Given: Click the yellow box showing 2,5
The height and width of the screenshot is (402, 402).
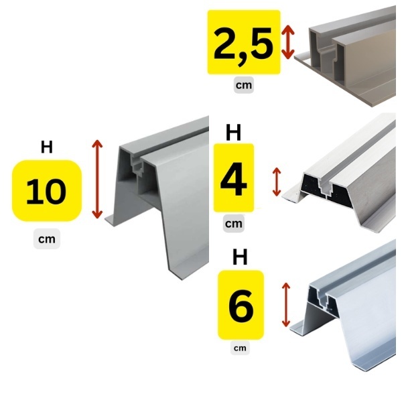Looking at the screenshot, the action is pos(244,42).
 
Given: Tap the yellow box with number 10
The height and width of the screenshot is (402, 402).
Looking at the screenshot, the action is pos(47,190).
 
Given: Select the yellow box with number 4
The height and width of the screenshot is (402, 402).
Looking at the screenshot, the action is pos(234,178).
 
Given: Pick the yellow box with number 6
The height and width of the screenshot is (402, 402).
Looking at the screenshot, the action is pos(241,305).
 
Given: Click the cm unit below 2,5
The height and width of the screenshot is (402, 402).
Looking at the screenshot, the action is pos(244,85).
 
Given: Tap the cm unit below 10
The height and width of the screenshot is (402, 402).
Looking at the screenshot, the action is pos(47,239).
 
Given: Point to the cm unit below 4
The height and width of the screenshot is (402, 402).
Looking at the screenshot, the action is pos(234,224).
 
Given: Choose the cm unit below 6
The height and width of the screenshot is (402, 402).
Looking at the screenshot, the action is pos(240,348).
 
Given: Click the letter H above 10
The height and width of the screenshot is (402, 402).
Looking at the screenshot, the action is pos(47,147).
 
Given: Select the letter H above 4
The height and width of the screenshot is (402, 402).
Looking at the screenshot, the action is pos(233,133).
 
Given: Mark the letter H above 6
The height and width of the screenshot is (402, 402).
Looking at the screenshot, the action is pos(240,257).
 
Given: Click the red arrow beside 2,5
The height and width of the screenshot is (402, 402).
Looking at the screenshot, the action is pos(287,42).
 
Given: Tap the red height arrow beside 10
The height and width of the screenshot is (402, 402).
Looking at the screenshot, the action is pos(97,179).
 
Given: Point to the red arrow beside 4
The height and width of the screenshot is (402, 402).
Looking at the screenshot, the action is pos(276,182).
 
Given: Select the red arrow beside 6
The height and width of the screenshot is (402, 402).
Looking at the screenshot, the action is pos(286,305).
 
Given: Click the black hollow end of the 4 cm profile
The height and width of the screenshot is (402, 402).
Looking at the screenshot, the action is pos(325,186).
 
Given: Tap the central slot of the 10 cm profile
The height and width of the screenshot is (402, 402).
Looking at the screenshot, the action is pos(137,165).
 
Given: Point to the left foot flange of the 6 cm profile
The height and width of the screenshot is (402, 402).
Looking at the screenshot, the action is pos(298,328).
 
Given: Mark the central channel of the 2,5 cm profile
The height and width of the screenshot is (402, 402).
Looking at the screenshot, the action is pos(327,55).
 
